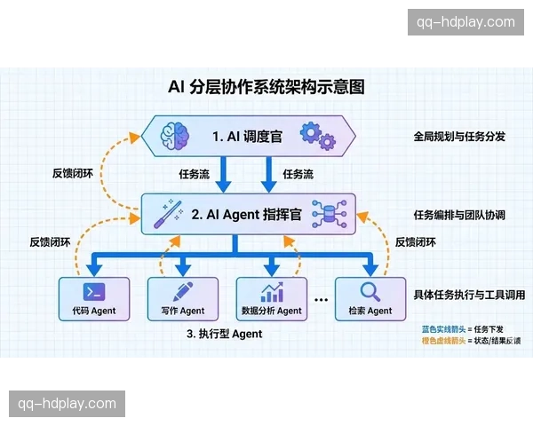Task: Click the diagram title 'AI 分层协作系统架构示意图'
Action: pyautogui.click(x=266, y=87)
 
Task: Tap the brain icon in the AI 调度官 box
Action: pyautogui.click(x=175, y=136)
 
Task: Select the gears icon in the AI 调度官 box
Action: pyautogui.click(x=317, y=136)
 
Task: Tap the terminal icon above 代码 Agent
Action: pyautogui.click(x=94, y=292)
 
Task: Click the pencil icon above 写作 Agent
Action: pyautogui.click(x=182, y=291)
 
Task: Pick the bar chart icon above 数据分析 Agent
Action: pyautogui.click(x=272, y=291)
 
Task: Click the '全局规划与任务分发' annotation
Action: pyautogui.click(x=459, y=138)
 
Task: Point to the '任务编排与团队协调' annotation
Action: pyautogui.click(x=459, y=215)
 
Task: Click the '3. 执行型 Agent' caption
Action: pyautogui.click(x=225, y=335)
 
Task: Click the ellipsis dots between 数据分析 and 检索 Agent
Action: pyautogui.click(x=322, y=301)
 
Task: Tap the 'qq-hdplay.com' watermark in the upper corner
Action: pyautogui.click(x=460, y=22)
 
